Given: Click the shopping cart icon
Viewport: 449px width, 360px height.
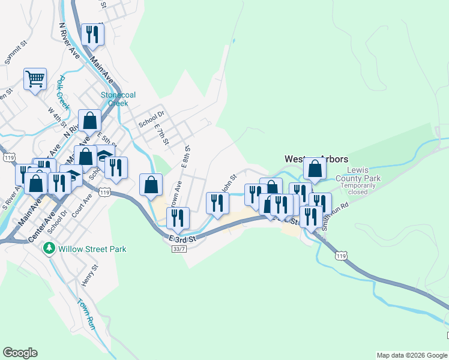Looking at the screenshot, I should click(35, 79).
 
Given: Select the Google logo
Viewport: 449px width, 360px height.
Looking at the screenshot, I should click(20, 353).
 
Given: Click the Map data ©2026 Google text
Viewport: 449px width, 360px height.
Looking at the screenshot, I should click(412, 355).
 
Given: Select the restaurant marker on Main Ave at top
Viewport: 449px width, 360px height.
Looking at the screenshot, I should click(92, 35).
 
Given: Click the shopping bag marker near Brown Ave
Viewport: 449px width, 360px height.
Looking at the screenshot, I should click(151, 184).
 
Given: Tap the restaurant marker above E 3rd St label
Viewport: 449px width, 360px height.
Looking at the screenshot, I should click(178, 218).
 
